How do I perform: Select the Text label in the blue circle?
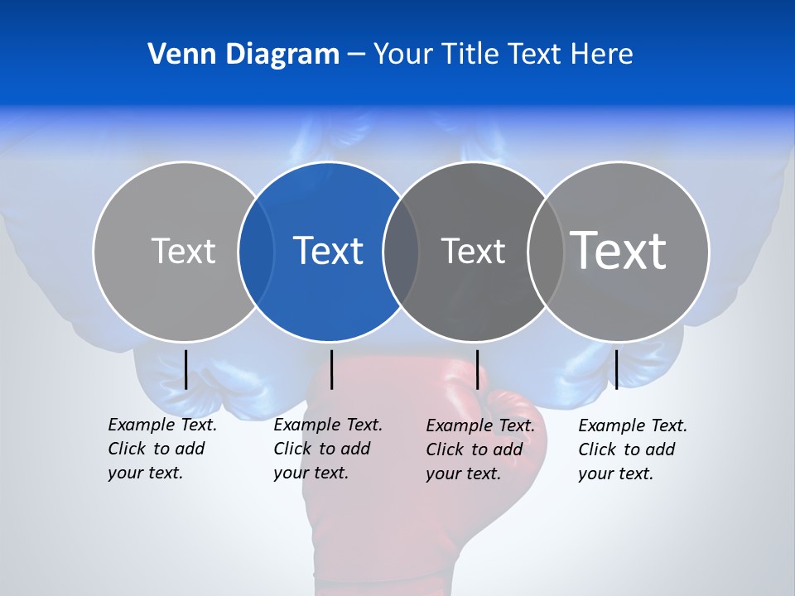pos(328,250)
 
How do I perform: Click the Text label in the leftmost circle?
pos(183,251)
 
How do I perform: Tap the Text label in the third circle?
pos(473,251)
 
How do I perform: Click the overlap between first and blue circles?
pos(256,251)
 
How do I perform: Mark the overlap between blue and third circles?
pos(401,251)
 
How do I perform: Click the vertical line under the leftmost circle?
pos(185,369)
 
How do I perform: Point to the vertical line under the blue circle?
pos(331,369)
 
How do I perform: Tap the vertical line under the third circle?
pos(477,369)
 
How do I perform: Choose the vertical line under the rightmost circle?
pos(616,369)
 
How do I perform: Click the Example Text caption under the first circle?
pos(162,449)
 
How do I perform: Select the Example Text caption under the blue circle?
pos(328,449)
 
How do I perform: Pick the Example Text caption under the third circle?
pos(480,449)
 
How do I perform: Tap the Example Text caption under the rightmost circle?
pos(633,449)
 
